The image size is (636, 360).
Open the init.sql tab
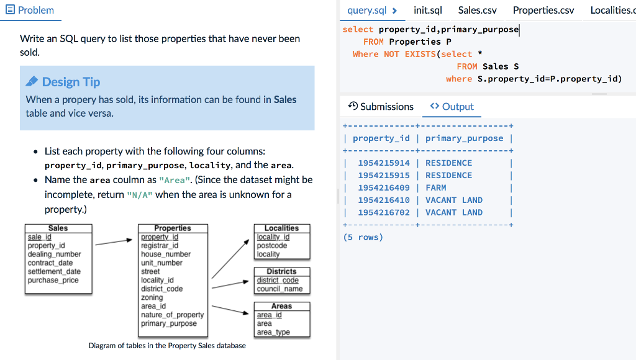428,10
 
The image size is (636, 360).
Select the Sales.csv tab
478,10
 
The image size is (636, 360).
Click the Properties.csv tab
543,10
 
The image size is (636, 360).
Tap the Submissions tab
381,107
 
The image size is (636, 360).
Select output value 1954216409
384,187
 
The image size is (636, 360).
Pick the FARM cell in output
436,187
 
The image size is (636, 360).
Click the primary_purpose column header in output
464,138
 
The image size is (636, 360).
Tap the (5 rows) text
363,237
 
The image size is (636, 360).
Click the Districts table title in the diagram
281,272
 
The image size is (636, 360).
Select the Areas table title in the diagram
281,306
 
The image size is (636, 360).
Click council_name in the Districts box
279,289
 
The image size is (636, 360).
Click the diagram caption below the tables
167,346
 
